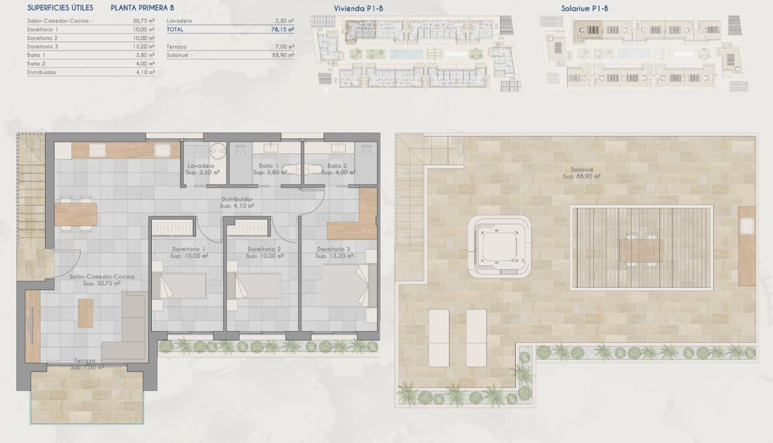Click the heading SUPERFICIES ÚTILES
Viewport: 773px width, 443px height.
60,8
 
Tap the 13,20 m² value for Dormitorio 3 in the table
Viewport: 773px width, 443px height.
144,46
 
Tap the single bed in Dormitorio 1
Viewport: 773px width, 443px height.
179,286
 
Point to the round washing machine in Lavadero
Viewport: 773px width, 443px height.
217,150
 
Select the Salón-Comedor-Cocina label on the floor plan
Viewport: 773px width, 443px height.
101,277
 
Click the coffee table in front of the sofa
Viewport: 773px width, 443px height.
86,313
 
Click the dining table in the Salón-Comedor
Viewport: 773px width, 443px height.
76,213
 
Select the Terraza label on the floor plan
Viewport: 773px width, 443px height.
85,361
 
